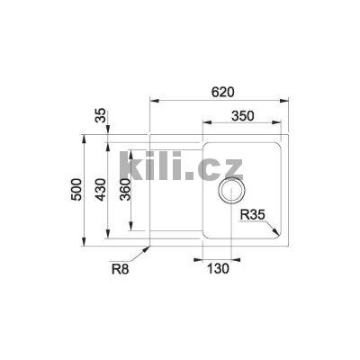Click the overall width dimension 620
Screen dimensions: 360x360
[x=223, y=92]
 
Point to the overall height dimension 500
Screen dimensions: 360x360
[x=77, y=191]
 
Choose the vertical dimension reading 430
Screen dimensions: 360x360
[x=101, y=192]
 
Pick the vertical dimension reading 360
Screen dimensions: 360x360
[x=126, y=191]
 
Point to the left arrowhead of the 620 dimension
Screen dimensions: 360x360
[x=152, y=101]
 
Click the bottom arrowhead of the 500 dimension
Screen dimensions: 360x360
[x=86, y=244]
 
